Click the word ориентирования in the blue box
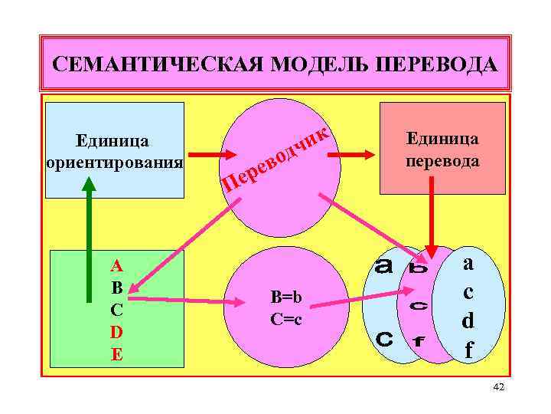115,163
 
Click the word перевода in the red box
443,162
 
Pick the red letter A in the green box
116,266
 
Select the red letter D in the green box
116,332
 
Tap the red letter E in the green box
116,354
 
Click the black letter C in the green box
116,310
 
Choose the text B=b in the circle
286,297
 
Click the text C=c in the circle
286,318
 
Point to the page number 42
498,389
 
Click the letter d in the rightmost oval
468,320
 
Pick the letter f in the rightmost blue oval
468,350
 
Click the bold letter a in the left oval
383,268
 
